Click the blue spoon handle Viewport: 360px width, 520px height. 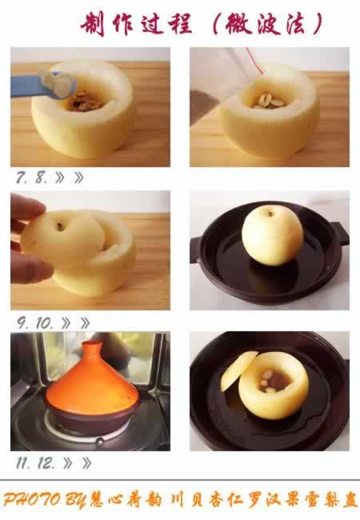26,86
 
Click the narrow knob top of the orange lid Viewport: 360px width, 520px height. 92,348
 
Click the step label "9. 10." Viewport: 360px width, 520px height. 34,322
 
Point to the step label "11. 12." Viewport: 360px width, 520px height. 35,463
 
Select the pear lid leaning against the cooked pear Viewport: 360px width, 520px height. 238,370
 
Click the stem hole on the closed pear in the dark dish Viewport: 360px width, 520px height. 270,214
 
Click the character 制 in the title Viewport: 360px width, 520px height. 93,24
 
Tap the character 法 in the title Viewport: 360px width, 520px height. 295,24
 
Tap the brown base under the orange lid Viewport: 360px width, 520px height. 91,418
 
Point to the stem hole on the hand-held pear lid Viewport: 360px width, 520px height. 60,227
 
